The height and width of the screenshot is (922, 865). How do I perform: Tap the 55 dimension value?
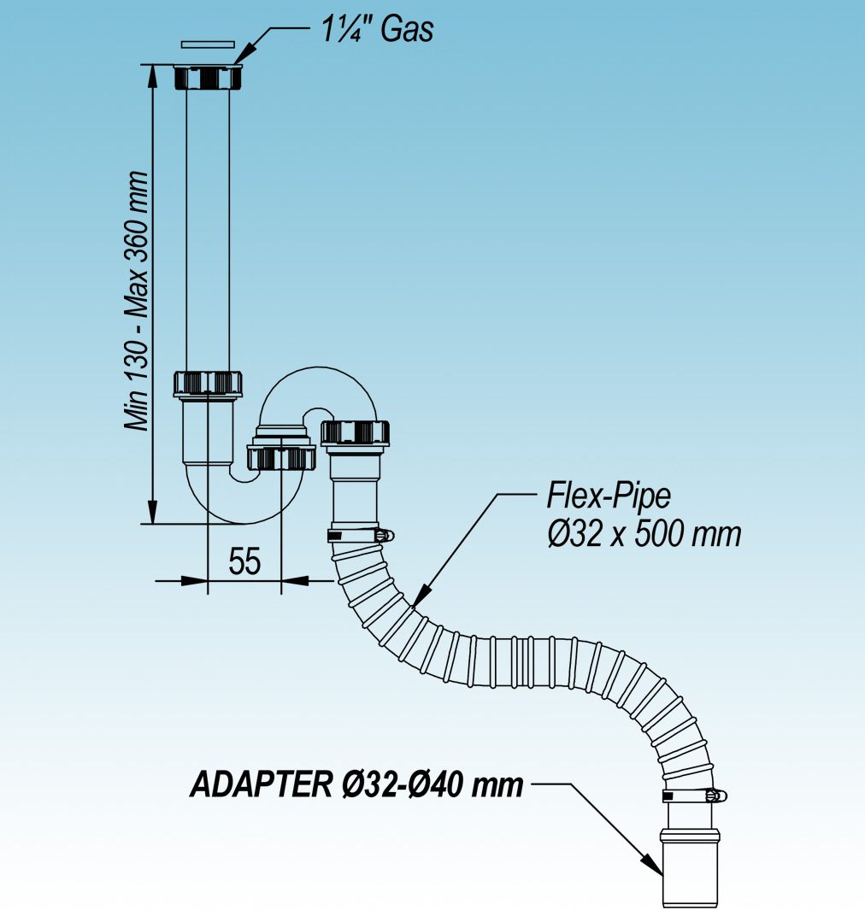pos(244,561)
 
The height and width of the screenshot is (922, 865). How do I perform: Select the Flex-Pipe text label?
pos(609,496)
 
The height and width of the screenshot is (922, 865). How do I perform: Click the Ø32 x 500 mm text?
pos(643,535)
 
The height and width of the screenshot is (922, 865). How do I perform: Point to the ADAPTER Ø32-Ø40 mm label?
pos(356,784)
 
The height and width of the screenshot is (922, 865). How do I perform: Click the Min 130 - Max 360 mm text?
pos(136,300)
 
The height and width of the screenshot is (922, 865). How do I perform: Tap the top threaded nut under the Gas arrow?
pos(208,78)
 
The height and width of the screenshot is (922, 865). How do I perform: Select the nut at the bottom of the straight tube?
pos(209,384)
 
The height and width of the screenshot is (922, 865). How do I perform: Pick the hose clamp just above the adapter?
pos(693,796)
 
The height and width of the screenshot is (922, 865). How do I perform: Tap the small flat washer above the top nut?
pos(208,43)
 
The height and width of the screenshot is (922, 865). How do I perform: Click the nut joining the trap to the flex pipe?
pos(356,432)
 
